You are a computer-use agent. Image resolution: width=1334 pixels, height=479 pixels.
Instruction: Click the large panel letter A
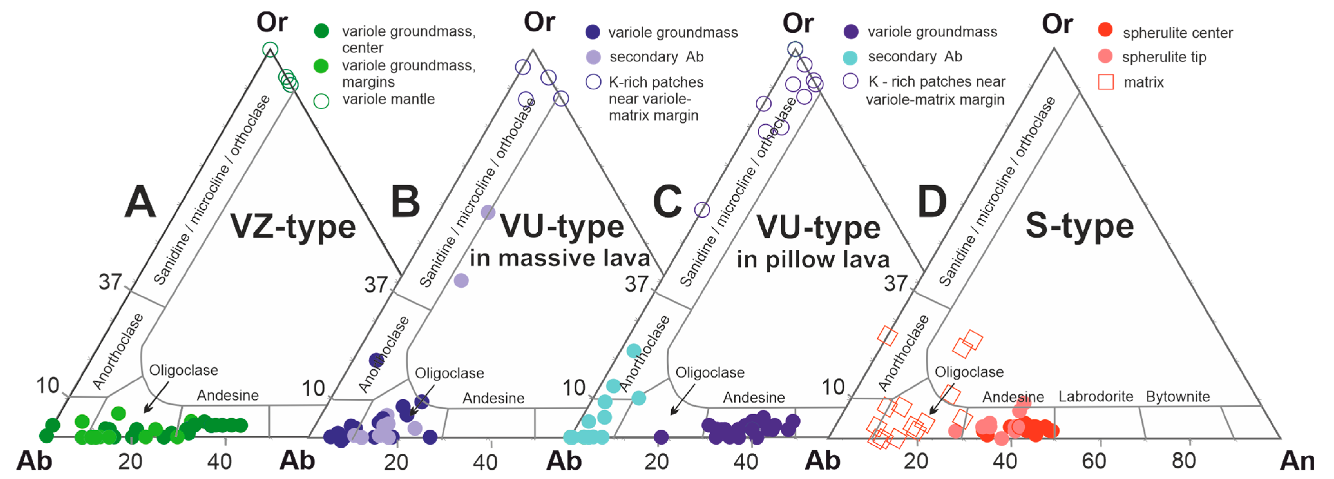click(140, 202)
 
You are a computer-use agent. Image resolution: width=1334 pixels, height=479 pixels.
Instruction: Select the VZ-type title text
click(293, 227)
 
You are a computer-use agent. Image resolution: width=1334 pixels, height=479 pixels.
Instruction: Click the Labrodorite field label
click(1095, 397)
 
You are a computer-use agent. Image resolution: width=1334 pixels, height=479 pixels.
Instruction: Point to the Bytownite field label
click(1177, 397)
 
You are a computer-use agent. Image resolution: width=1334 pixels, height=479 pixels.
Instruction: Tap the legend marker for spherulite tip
click(1105, 56)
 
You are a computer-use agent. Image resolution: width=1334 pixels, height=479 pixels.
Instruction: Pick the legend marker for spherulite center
click(1105, 30)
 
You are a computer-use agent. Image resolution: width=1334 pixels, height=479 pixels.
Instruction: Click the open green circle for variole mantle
click(321, 101)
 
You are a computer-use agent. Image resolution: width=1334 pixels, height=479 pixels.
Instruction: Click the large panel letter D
click(932, 202)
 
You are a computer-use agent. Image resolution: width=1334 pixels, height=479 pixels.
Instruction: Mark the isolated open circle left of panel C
click(702, 210)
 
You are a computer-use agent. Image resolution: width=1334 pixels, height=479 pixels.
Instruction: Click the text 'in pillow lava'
click(813, 259)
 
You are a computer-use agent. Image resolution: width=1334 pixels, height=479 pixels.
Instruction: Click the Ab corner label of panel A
click(34, 460)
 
